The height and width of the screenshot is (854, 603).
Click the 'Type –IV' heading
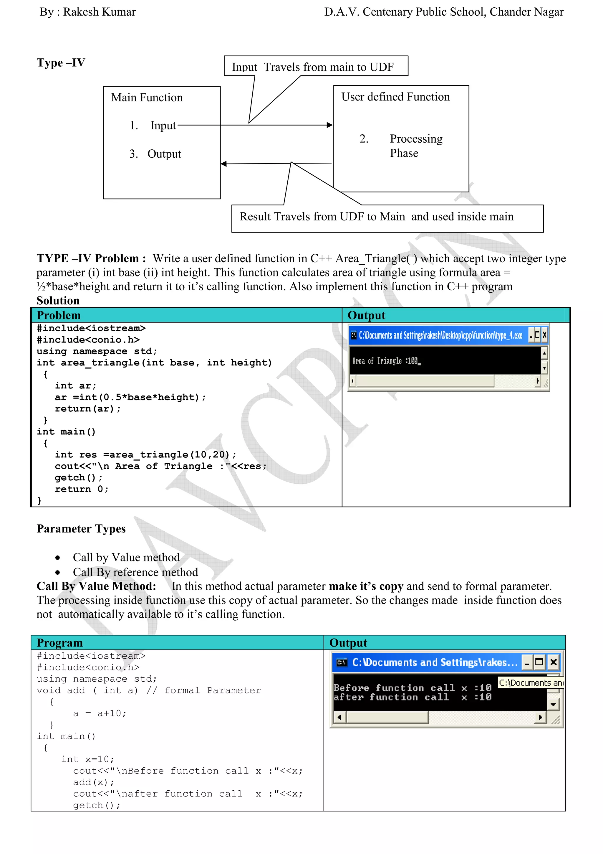pyautogui.click(x=61, y=62)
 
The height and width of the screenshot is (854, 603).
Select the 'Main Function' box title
pyautogui.click(x=147, y=98)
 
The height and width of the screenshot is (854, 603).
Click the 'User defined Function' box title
pyautogui.click(x=395, y=97)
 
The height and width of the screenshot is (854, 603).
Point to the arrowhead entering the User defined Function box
pyautogui.click(x=329, y=125)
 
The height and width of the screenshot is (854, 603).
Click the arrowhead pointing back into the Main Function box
pyautogui.click(x=224, y=164)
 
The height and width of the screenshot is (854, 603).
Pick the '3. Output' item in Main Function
pyautogui.click(x=155, y=154)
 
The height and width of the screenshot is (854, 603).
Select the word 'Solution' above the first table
pyautogui.click(x=58, y=301)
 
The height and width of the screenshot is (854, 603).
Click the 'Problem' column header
pyautogui.click(x=59, y=315)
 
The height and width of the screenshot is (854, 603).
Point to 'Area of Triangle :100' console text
pyautogui.click(x=385, y=360)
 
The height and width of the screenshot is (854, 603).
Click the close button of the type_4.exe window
pyautogui.click(x=545, y=335)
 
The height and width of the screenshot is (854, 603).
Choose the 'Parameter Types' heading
pyautogui.click(x=81, y=529)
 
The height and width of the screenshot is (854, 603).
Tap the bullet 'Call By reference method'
pyautogui.click(x=135, y=572)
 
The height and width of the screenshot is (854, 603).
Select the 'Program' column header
pyautogui.click(x=59, y=643)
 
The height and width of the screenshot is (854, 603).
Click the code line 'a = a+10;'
pyautogui.click(x=100, y=713)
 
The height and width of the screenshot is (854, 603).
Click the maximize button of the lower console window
pyautogui.click(x=539, y=662)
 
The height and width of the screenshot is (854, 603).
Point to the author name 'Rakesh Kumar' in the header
pyautogui.click(x=99, y=12)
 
